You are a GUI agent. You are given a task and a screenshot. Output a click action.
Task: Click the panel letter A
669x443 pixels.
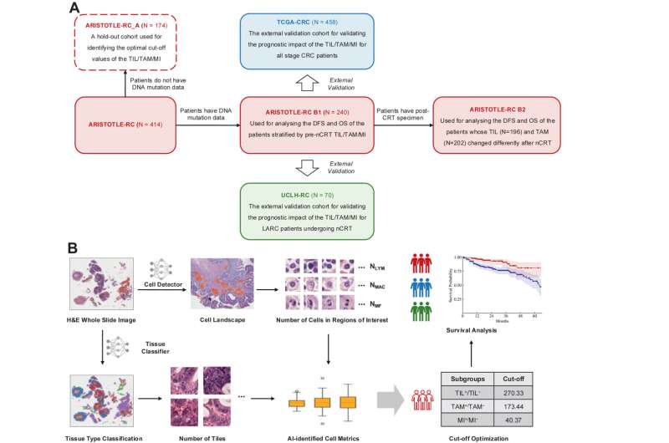click(74, 8)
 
